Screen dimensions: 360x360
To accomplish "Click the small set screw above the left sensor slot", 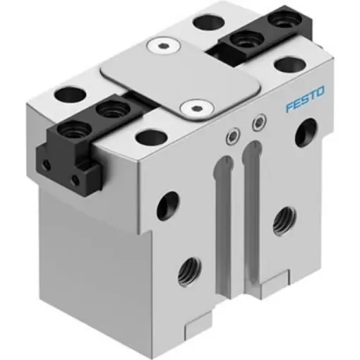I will pyautogui.click(x=232, y=136).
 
